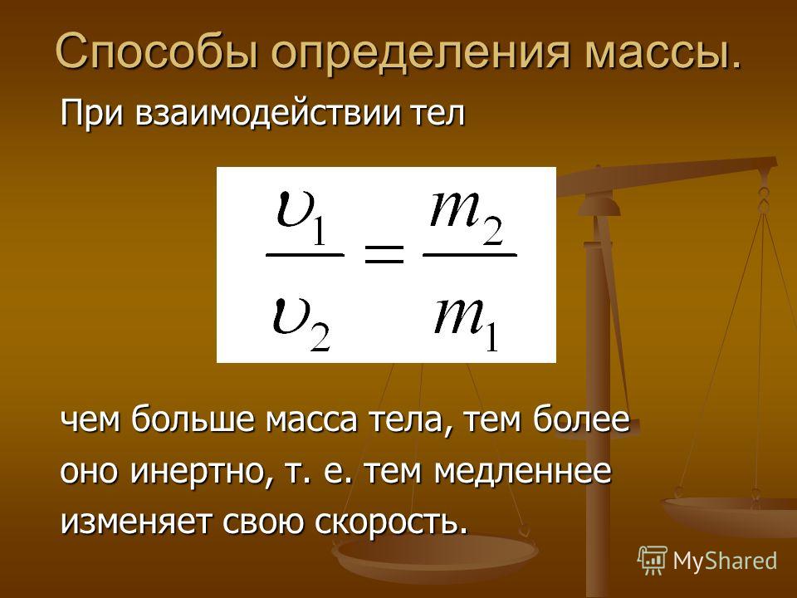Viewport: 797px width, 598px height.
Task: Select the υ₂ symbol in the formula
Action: click(x=302, y=324)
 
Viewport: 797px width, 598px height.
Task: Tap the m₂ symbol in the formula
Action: click(x=467, y=218)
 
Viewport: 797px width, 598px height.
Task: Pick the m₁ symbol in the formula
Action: click(x=466, y=324)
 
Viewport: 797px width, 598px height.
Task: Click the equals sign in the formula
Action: click(x=384, y=254)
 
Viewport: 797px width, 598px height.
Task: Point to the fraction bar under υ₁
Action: click(x=305, y=254)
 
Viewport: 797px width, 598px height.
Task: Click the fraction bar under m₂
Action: click(x=470, y=254)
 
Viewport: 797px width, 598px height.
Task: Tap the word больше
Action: click(x=192, y=419)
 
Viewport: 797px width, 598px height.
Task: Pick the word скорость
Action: click(x=391, y=522)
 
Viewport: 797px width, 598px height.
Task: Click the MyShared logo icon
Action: click(x=653, y=561)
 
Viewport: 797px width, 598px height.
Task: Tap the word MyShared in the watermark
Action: click(x=725, y=561)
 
